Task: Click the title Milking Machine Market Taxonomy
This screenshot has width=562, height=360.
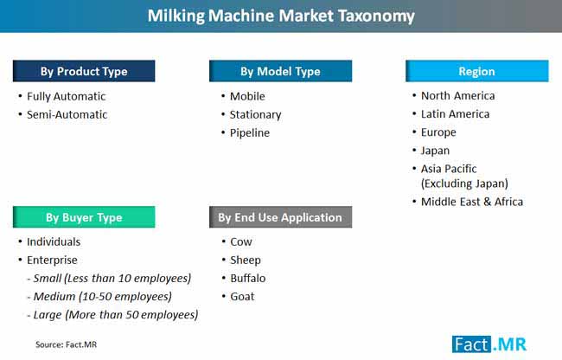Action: pyautogui.click(x=281, y=16)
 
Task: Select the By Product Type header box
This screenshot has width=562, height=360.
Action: pyautogui.click(x=84, y=71)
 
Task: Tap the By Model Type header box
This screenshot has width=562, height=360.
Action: pyautogui.click(x=280, y=71)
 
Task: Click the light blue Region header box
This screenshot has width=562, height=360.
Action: pyautogui.click(x=477, y=71)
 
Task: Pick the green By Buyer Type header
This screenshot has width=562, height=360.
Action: pyautogui.click(x=84, y=217)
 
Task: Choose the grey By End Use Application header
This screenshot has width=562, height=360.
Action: pyautogui.click(x=280, y=217)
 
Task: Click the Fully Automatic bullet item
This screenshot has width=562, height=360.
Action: pyautogui.click(x=67, y=96)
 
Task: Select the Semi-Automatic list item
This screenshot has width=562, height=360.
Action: pyautogui.click(x=67, y=115)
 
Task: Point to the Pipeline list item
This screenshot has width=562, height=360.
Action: pyautogui.click(x=250, y=133)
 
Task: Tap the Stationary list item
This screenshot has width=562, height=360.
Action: pyautogui.click(x=256, y=115)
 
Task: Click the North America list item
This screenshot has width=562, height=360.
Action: pyautogui.click(x=458, y=96)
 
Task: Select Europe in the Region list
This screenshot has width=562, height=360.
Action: pyautogui.click(x=438, y=132)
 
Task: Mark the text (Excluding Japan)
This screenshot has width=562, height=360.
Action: pyautogui.click(x=464, y=183)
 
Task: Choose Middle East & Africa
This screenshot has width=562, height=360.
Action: pyautogui.click(x=472, y=202)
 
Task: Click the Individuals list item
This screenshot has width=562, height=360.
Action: pyautogui.click(x=54, y=242)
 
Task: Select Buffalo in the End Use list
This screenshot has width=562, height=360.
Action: pyautogui.click(x=248, y=279)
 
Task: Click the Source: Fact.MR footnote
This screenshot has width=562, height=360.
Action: pyautogui.click(x=67, y=344)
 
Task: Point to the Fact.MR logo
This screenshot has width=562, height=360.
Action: pyautogui.click(x=489, y=344)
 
